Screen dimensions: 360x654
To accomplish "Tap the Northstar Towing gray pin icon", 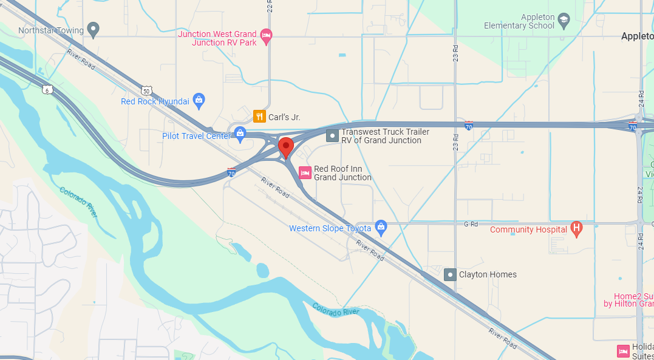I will coord(93,29).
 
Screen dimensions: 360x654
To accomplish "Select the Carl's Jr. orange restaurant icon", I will coord(259,117).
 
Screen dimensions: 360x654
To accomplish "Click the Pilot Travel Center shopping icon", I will coord(240,132).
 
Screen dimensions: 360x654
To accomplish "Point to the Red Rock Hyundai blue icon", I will coord(199,100).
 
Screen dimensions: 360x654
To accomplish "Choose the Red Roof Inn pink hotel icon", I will coord(305,173).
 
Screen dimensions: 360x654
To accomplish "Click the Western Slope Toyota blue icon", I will coord(381,227).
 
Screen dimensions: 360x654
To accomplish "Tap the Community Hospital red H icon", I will coord(577,229).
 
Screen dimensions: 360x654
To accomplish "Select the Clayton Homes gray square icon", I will coord(450,274).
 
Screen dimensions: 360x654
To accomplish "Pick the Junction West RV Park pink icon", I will coord(266,37).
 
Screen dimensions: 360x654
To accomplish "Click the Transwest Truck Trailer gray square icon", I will coord(332,135).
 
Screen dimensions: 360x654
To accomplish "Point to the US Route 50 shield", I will coord(146,90).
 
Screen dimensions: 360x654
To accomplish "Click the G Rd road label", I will coord(471,224).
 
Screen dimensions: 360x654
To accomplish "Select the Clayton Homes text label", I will coord(488,274).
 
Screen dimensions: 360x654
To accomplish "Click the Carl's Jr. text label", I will coord(285,117).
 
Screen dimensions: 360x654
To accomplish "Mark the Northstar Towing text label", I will coord(51,29).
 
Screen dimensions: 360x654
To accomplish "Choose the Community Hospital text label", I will coord(528,229).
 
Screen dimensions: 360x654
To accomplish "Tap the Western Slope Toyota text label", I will coord(330,228).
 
